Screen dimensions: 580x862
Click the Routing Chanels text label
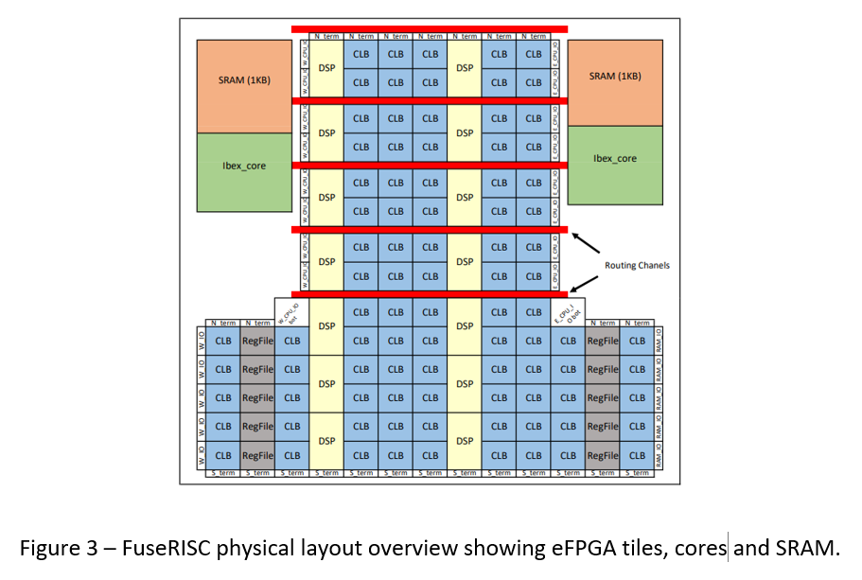(x=637, y=265)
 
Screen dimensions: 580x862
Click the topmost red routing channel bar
(x=429, y=29)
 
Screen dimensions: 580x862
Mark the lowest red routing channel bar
(x=429, y=294)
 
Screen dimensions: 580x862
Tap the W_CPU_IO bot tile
(x=291, y=313)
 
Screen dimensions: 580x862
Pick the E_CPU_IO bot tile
(x=568, y=313)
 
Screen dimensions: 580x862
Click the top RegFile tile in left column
(x=257, y=341)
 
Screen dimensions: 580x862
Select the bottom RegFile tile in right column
(x=602, y=455)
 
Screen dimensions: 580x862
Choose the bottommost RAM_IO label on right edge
(x=659, y=455)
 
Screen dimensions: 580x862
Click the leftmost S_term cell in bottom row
(x=222, y=473)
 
